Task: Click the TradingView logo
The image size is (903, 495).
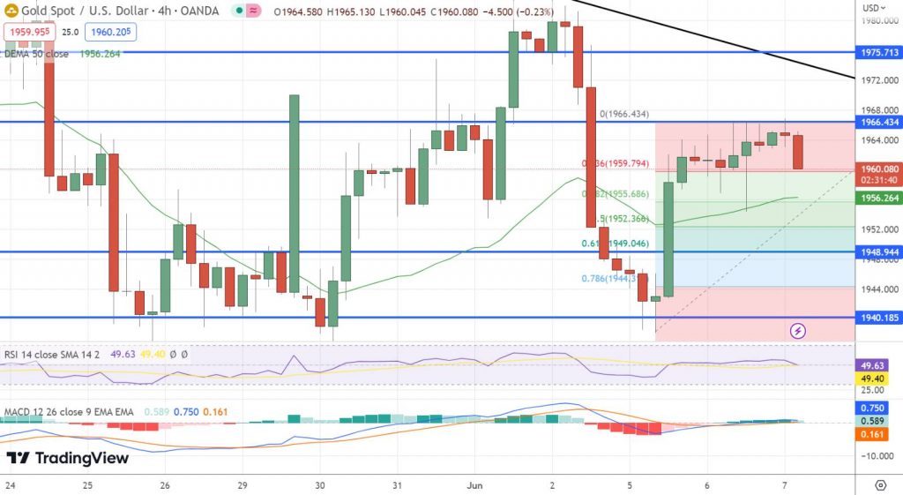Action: click(68, 458)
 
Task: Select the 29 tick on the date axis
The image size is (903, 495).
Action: click(243, 485)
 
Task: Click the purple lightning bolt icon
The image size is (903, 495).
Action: click(797, 331)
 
